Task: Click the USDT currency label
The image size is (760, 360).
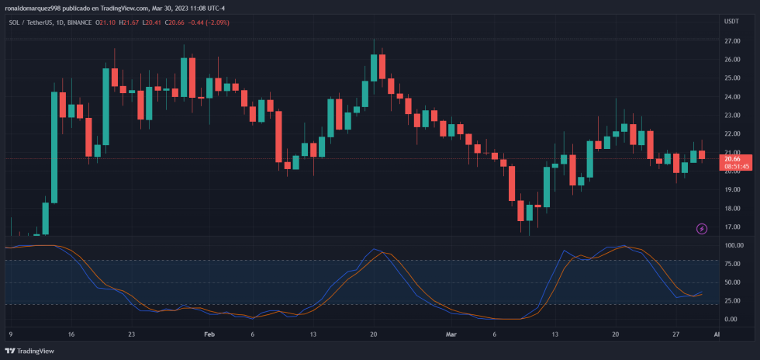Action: click(731, 22)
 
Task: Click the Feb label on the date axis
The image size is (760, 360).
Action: click(209, 334)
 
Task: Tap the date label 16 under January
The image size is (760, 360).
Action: click(71, 334)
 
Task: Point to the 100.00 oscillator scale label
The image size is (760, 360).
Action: click(734, 245)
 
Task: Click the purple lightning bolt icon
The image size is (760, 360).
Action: click(702, 229)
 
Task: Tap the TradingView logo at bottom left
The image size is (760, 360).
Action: click(31, 350)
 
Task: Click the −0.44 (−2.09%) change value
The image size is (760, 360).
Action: click(207, 22)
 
